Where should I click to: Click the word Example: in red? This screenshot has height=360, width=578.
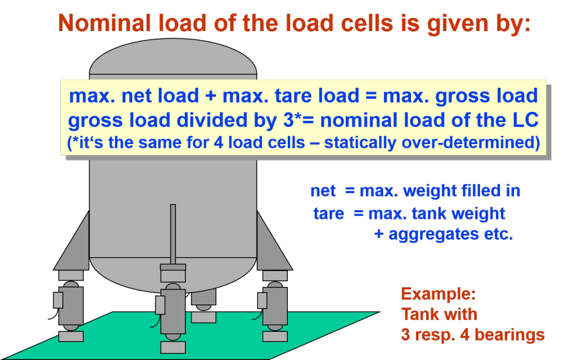(x=438, y=294)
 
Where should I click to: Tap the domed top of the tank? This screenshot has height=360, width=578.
(x=173, y=57)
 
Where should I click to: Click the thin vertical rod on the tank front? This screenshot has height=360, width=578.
(x=173, y=233)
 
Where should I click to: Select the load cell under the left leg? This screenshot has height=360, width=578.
(x=71, y=306)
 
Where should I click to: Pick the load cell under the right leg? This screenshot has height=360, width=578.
(x=275, y=305)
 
